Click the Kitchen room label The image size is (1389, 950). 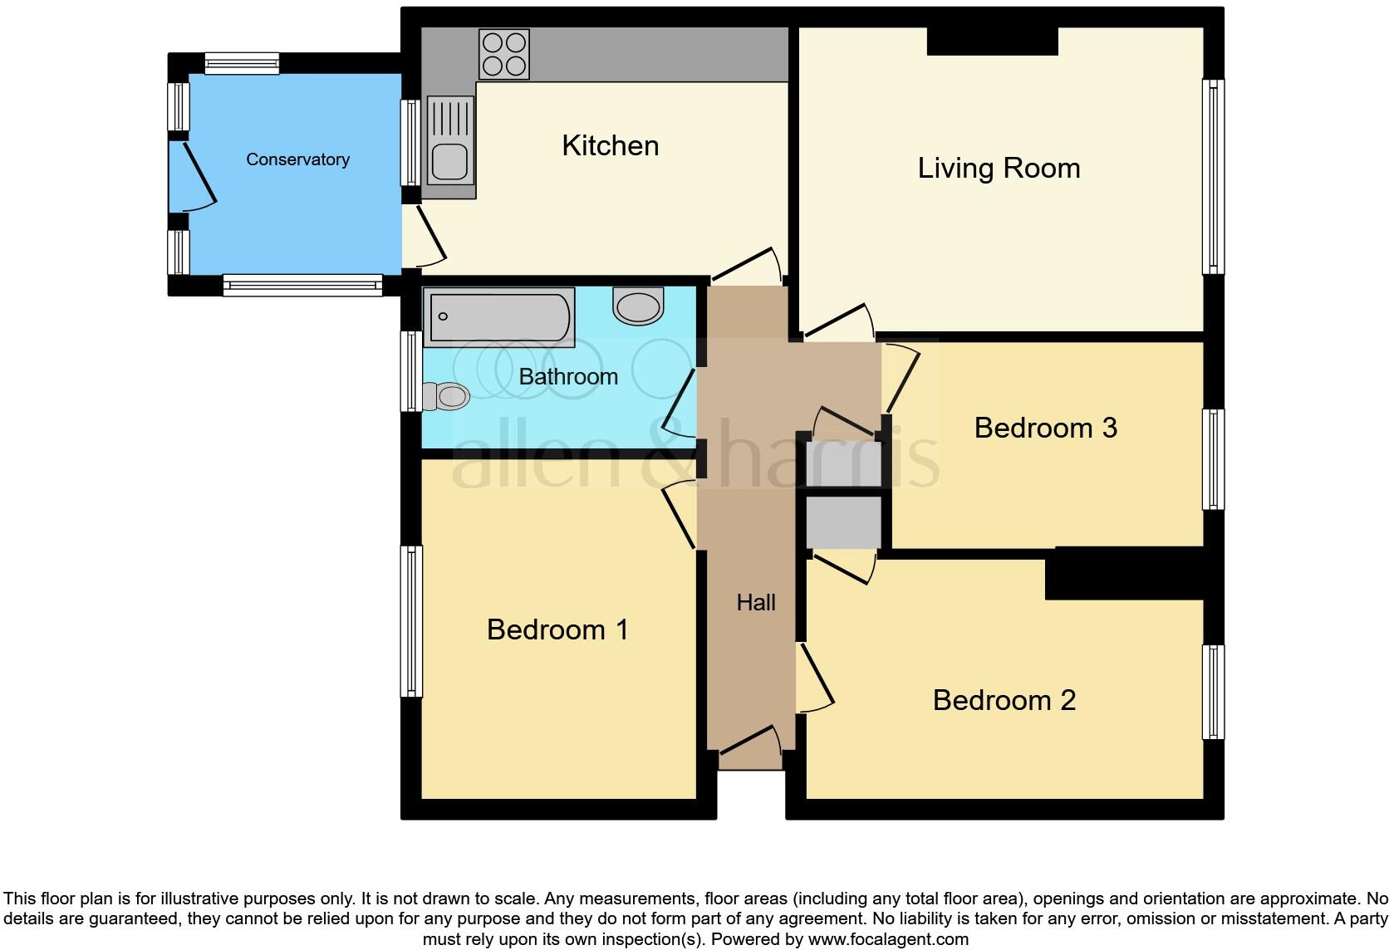click(610, 146)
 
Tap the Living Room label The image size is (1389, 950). click(999, 169)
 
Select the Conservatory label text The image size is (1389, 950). click(297, 159)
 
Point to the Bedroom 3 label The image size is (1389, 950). click(1045, 428)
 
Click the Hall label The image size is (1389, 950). click(755, 603)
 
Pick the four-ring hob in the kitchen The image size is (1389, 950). click(504, 54)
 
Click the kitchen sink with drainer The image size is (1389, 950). click(450, 140)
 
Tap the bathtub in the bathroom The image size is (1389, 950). click(498, 316)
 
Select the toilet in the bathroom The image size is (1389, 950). click(446, 396)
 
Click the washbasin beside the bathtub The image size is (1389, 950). click(638, 306)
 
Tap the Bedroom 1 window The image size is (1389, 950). click(411, 620)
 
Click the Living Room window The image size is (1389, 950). click(1213, 176)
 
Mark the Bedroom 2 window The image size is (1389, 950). click(1213, 692)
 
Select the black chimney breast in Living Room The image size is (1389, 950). click(992, 42)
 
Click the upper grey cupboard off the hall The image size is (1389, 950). click(843, 463)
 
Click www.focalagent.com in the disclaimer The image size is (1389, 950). click(888, 940)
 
